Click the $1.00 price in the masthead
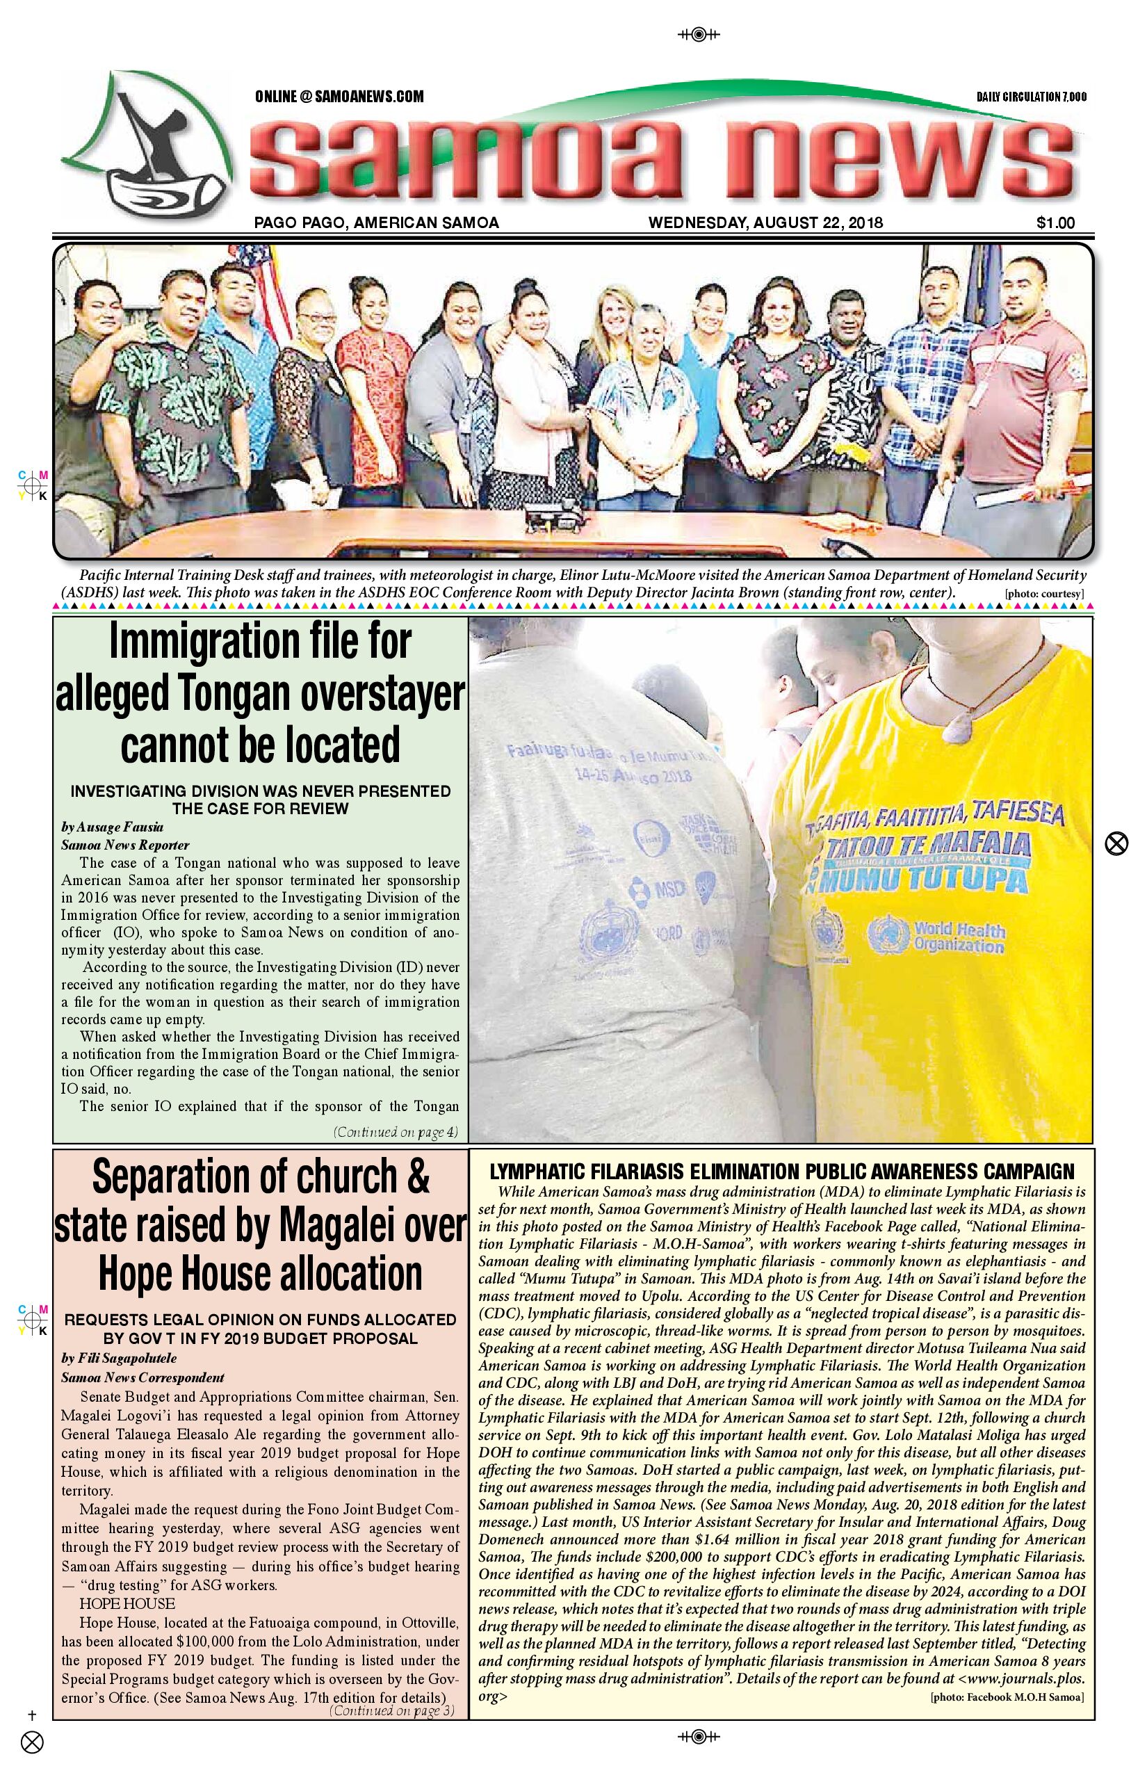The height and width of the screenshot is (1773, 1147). (1055, 222)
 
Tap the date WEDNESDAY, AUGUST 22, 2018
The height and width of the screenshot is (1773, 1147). (765, 222)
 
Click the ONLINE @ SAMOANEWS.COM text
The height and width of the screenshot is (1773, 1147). (339, 96)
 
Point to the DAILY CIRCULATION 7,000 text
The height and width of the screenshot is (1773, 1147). (1031, 97)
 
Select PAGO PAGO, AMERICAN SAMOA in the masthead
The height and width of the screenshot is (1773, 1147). (376, 222)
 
